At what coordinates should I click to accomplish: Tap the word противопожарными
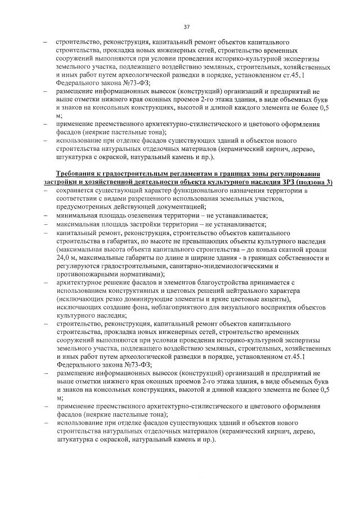click(84, 274)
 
